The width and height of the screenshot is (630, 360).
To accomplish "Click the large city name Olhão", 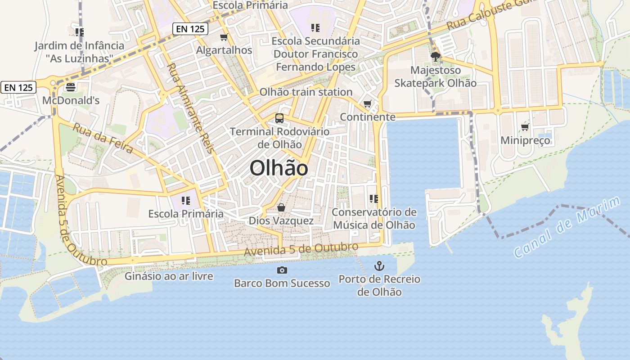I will pos(279,168).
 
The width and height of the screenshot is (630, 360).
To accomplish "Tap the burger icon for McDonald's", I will pos(71,87).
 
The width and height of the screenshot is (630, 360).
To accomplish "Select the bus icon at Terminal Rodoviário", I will pos(279,118).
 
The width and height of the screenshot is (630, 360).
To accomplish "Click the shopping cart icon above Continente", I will pos(368,104).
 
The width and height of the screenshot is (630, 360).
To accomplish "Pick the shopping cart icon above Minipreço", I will pos(525,127).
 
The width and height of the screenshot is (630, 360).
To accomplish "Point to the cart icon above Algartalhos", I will pos(224,37).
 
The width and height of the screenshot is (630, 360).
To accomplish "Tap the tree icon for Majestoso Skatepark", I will pos(435,57).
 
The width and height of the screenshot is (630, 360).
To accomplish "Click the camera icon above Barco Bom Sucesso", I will pos(282,270).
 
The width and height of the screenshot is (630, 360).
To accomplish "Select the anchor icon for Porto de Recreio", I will pos(379,265).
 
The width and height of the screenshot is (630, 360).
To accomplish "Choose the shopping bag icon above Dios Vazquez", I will pos(281,207).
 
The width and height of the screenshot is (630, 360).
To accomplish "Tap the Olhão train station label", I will pos(306,92).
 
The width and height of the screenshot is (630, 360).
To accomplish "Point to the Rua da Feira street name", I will pos(103,138).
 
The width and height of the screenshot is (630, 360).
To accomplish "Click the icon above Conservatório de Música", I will pos(373,198).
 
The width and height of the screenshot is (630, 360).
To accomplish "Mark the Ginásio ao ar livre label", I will pos(169,276).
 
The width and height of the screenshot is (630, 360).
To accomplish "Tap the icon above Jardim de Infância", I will pos(80,32).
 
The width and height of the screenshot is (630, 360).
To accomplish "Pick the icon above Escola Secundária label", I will pos(315,28).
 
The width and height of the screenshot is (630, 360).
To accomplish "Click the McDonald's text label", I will pos(71,100).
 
